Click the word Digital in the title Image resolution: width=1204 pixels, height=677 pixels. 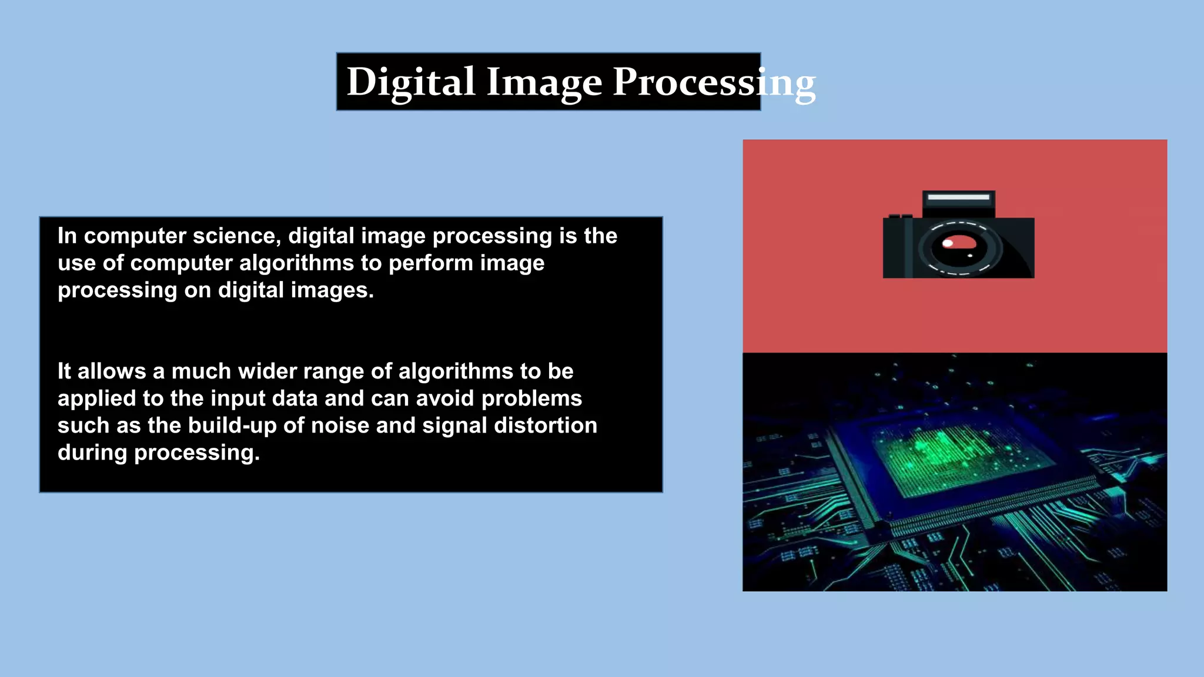410,82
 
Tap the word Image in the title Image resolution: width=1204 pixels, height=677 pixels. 544,82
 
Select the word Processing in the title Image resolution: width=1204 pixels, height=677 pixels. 714,82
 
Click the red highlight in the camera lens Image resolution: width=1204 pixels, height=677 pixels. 959,242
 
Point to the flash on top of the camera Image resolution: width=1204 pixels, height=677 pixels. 958,197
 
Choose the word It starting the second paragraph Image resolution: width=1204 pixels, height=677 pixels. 64,371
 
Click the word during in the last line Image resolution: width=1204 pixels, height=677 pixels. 92,453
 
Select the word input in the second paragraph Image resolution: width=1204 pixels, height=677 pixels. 238,398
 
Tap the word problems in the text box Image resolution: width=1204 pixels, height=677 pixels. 531,398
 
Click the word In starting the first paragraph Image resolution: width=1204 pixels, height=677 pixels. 67,236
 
